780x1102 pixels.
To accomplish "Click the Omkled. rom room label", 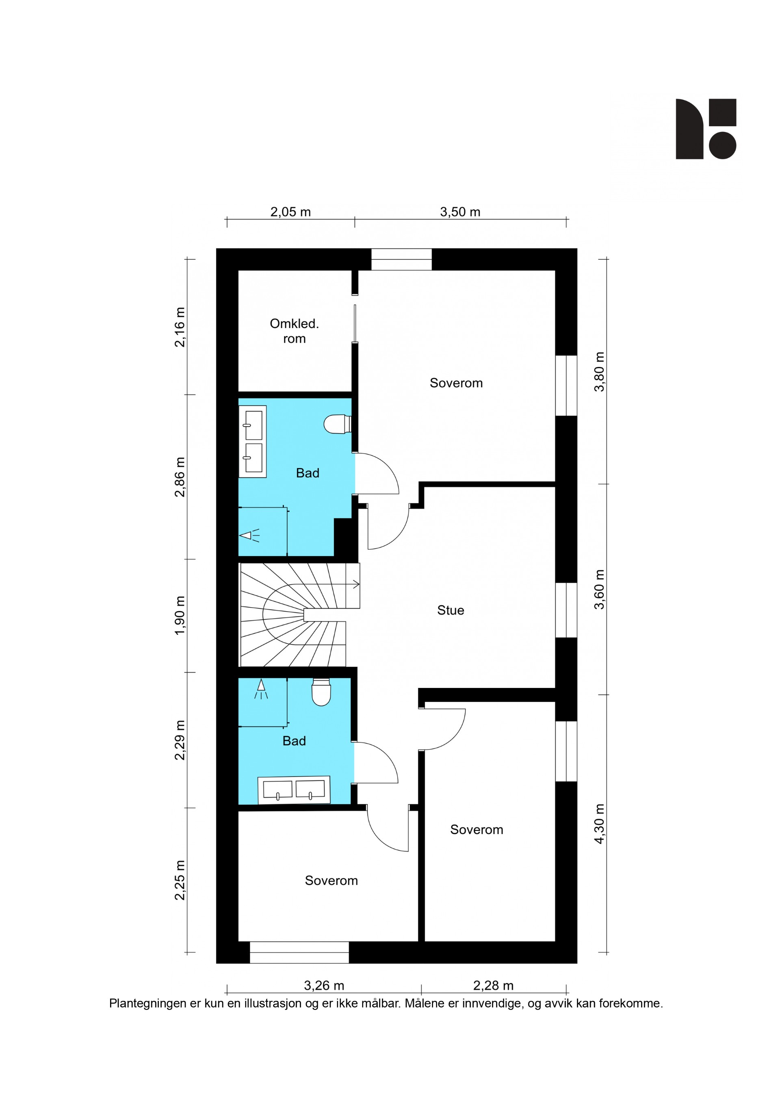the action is coord(294,331).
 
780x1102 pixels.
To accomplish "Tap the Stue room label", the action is coord(451,610).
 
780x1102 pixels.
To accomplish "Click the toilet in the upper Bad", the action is coord(338,424).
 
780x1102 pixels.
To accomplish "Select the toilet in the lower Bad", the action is coord(321,692).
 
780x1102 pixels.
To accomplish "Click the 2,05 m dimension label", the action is coord(290,211).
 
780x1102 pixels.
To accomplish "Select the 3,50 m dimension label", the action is coord(460,211).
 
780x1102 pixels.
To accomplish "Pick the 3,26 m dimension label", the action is coord(324,986).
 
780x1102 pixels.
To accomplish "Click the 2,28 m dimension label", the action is coord(493,986).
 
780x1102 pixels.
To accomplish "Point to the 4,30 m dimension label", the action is coord(599,824).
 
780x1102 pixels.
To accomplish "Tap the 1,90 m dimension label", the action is coord(180,615).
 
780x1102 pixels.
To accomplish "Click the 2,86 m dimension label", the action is coord(180,477).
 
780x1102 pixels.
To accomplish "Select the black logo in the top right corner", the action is coord(706,129).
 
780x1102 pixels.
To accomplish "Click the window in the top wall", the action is coord(401,259).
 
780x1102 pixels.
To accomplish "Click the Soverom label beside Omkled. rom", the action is coord(456,383).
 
